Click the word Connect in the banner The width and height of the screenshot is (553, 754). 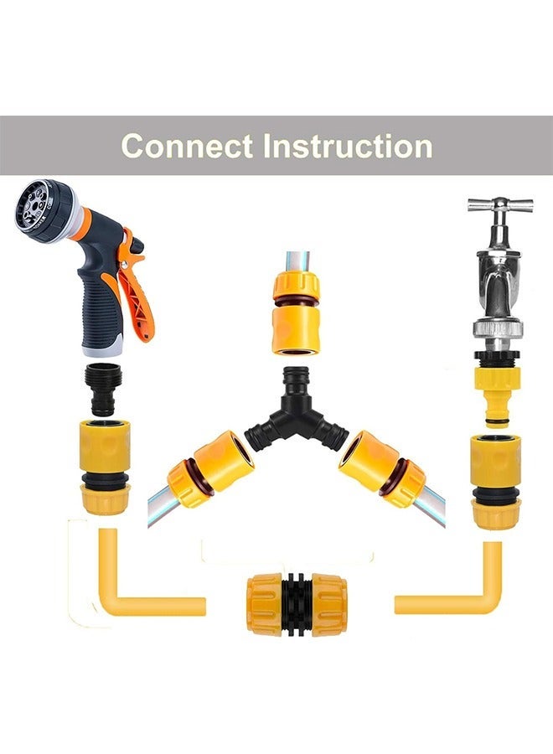tap(187, 146)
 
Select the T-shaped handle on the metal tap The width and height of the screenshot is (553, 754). tap(500, 205)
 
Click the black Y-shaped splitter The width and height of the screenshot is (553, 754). tap(297, 411)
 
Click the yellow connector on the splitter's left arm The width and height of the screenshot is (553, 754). tap(210, 468)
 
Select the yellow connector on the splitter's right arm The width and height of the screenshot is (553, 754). tap(382, 468)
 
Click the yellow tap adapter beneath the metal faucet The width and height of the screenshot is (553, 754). tap(498, 389)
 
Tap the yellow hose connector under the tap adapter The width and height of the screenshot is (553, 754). tap(495, 482)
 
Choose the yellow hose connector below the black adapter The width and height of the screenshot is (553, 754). tap(105, 467)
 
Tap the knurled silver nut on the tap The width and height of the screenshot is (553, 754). tap(499, 329)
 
